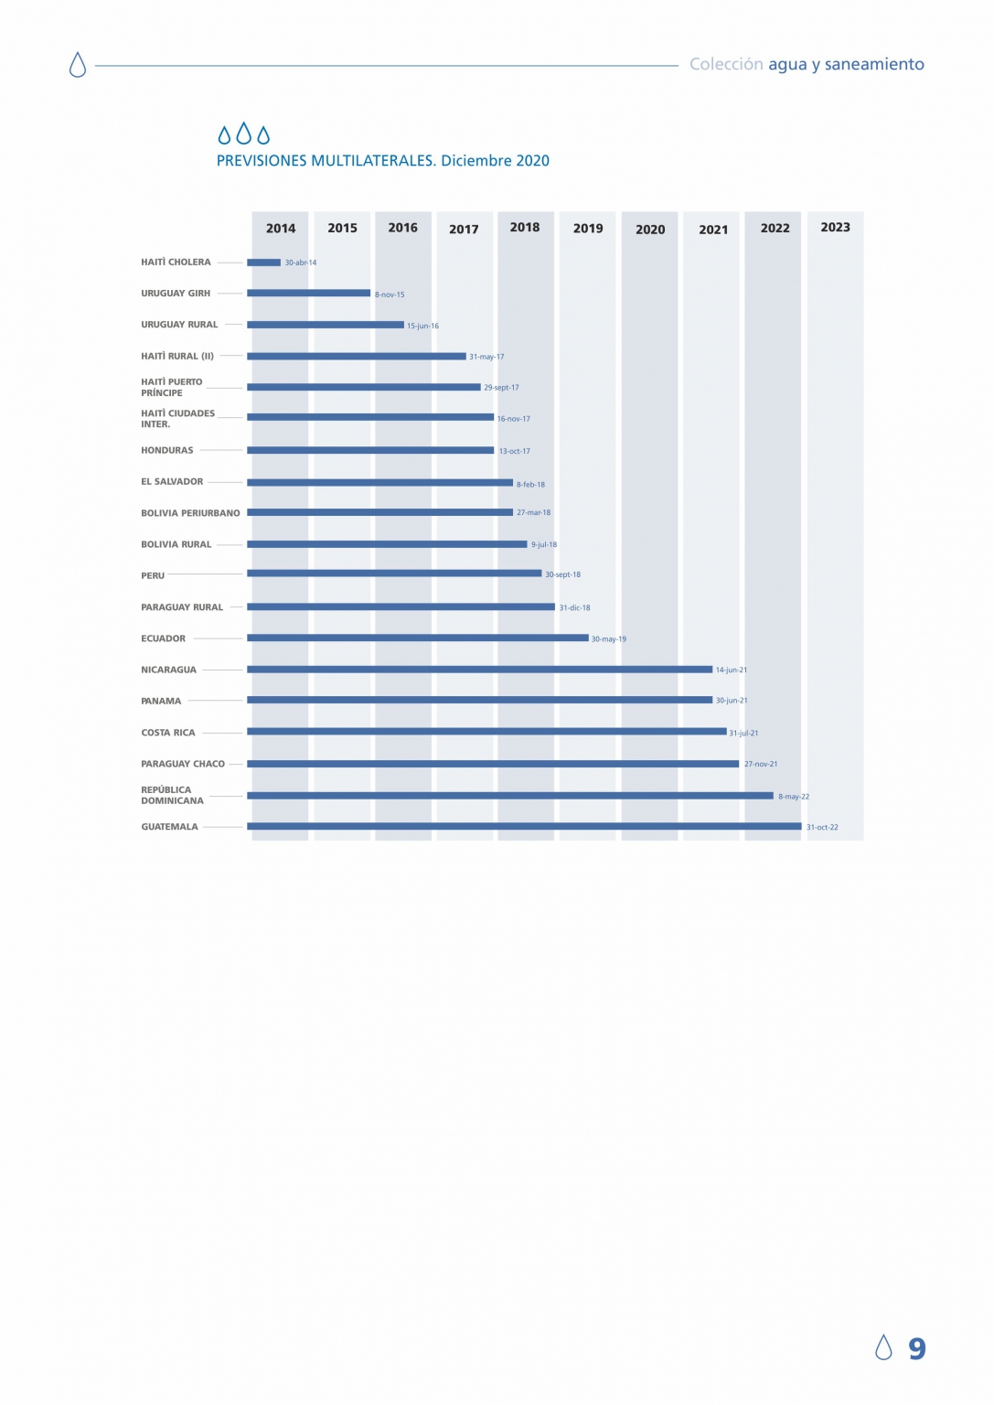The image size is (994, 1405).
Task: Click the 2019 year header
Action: pyautogui.click(x=588, y=229)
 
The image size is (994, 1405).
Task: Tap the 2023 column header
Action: pyautogui.click(x=835, y=228)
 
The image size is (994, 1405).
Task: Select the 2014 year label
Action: pyautogui.click(x=281, y=229)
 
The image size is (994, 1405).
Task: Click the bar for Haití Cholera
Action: pyautogui.click(x=263, y=263)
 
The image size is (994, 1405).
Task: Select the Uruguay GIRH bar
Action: pyautogui.click(x=308, y=294)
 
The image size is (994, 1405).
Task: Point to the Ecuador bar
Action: pyautogui.click(x=417, y=638)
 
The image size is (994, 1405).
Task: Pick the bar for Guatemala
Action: pyautogui.click(x=523, y=827)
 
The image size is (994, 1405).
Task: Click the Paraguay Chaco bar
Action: pyautogui.click(x=492, y=764)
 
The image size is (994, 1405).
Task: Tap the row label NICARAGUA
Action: pyautogui.click(x=169, y=670)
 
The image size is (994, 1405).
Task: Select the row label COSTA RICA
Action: pyautogui.click(x=168, y=733)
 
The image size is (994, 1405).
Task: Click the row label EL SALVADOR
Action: pyautogui.click(x=172, y=482)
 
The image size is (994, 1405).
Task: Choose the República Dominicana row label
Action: pyautogui.click(x=172, y=796)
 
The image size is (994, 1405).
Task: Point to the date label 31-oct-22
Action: pyautogui.click(x=822, y=828)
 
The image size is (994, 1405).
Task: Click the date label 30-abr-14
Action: pyautogui.click(x=300, y=263)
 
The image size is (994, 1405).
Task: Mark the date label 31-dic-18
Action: pyautogui.click(x=574, y=608)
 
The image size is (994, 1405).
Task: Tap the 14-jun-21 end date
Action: pyautogui.click(x=731, y=670)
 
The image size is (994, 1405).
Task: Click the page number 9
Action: pyautogui.click(x=916, y=1348)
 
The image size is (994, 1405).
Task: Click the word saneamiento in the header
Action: pyautogui.click(x=874, y=65)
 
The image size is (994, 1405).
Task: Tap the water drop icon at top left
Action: pyautogui.click(x=78, y=65)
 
